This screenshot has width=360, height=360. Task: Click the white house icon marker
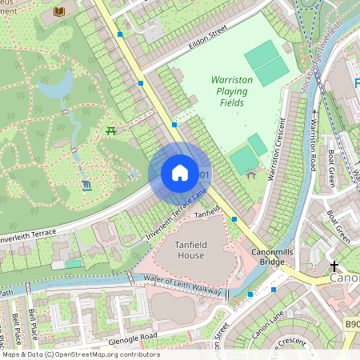click(180, 173)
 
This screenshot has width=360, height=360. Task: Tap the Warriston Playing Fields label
click(231, 92)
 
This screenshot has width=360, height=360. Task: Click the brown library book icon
click(59, 12)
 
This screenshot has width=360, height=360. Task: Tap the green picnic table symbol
click(112, 130)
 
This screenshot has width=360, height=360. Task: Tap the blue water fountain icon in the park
click(86, 186)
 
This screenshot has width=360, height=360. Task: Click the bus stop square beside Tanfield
click(234, 218)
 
